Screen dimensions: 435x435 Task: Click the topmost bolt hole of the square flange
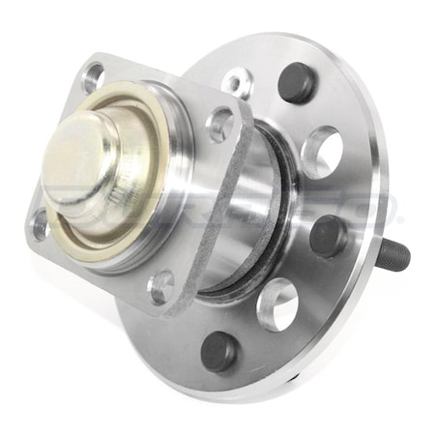tap(94, 74)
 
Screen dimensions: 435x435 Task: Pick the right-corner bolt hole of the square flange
tap(220, 124)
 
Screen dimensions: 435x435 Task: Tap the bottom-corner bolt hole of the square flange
tap(161, 286)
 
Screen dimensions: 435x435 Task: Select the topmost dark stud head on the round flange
tap(296, 83)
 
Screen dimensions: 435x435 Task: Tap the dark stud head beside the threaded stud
tap(329, 235)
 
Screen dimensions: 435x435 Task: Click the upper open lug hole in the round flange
tap(323, 152)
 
